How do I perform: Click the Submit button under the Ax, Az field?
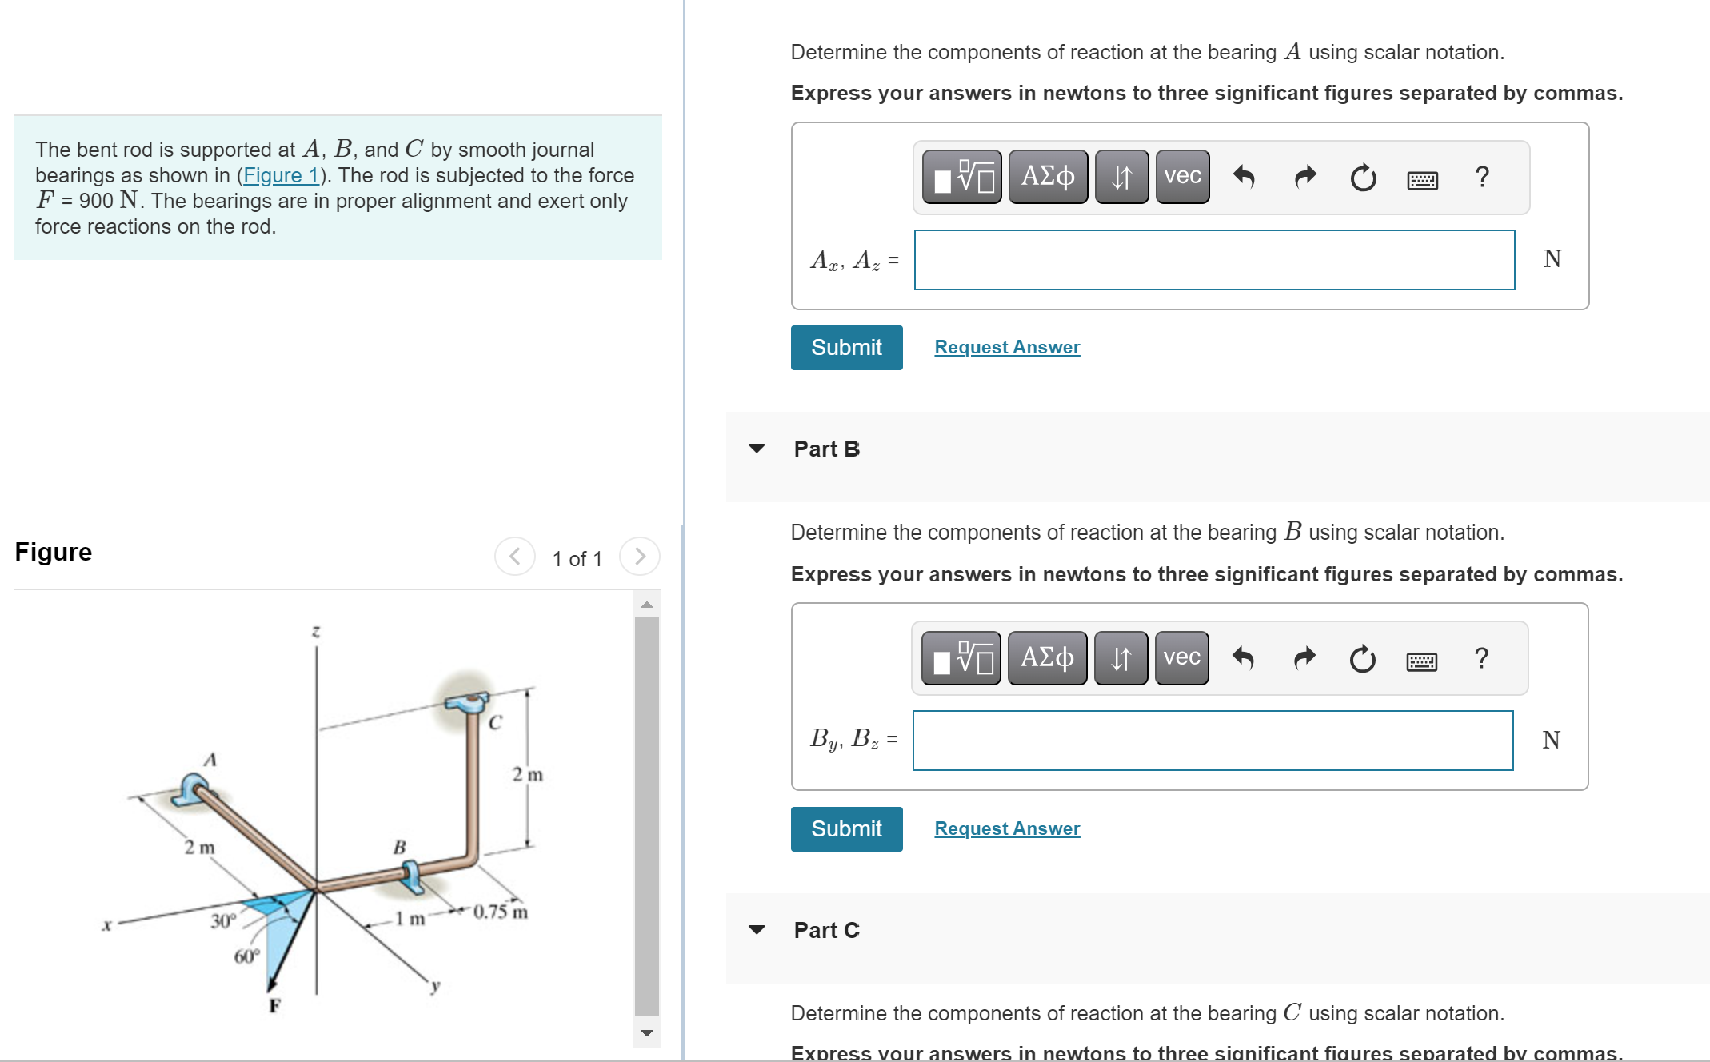point(846,348)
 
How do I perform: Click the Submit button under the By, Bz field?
point(846,829)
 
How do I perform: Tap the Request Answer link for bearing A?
point(1006,348)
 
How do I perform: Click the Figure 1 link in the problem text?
point(280,175)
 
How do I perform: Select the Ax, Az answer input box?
point(1213,260)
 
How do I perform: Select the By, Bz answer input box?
point(1212,741)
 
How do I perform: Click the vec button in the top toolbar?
point(1181,176)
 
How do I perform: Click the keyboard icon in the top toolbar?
point(1421,179)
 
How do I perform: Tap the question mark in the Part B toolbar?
point(1480,658)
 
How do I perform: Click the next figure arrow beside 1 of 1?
point(639,557)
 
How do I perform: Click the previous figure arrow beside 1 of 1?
point(515,557)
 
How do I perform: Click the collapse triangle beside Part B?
point(756,449)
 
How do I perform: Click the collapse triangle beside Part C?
point(756,930)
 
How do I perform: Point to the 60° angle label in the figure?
point(246,956)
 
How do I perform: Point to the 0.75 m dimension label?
point(501,912)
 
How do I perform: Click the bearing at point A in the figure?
point(192,789)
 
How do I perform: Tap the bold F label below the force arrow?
point(274,1006)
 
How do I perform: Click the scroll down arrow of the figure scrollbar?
point(647,1033)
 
